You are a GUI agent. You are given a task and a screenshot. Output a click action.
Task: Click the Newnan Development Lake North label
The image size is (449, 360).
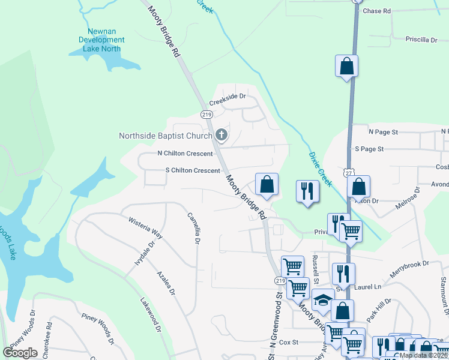[x=101, y=40]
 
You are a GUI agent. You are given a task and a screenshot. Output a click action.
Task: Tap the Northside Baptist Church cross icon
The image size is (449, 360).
[x=221, y=135]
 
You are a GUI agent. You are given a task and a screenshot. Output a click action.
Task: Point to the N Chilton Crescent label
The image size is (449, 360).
[x=185, y=154]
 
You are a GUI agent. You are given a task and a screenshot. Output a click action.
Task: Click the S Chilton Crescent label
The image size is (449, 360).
[x=193, y=170]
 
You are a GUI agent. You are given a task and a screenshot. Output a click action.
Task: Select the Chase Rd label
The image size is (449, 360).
[x=377, y=11]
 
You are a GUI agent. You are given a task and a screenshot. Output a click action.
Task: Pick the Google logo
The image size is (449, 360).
[x=20, y=353]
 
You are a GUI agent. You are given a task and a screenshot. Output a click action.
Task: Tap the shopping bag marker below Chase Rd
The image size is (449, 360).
[x=347, y=67]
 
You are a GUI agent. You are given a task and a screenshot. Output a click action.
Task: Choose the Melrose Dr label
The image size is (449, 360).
[x=408, y=198]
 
